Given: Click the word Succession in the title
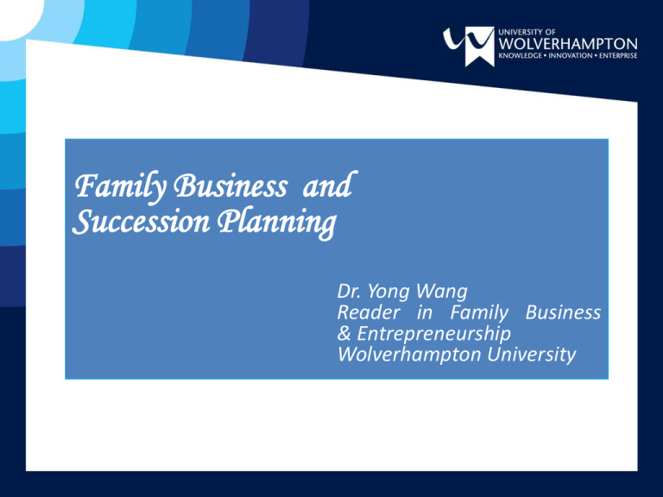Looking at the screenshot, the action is (142, 221).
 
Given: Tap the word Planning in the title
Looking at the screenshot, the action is (277, 223).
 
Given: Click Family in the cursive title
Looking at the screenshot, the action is (121, 187).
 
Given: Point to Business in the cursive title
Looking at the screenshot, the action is (230, 186).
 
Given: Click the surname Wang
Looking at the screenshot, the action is (441, 292).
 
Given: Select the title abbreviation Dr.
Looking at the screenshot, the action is (350, 292).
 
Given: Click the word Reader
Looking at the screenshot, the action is (369, 312).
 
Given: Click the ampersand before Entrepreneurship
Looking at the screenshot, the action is (344, 334).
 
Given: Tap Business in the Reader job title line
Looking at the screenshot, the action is (563, 312).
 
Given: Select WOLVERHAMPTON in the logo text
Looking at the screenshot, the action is (568, 44).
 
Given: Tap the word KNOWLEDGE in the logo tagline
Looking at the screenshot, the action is (520, 56).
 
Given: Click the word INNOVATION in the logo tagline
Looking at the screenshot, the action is (571, 56).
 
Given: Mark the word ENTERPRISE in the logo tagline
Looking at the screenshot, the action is (618, 56).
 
